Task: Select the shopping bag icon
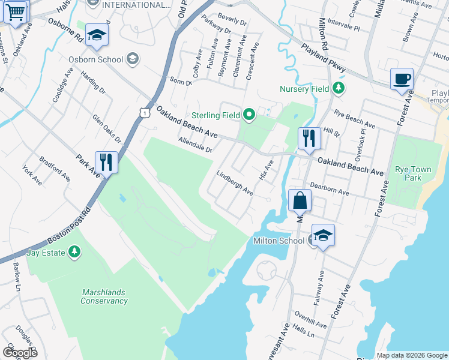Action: pyautogui.click(x=300, y=200)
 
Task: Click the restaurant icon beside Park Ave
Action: pyautogui.click(x=106, y=162)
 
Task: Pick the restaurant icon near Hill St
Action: pyautogui.click(x=309, y=138)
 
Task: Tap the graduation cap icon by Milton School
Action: pyautogui.click(x=323, y=236)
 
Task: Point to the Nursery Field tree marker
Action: pyautogui.click(x=339, y=89)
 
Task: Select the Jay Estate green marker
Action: pyautogui.click(x=74, y=251)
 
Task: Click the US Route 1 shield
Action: pyautogui.click(x=143, y=112)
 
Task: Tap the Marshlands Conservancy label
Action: pyautogui.click(x=104, y=296)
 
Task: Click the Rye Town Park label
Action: pyautogui.click(x=413, y=174)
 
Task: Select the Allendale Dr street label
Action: pyautogui.click(x=195, y=146)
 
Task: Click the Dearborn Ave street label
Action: pyautogui.click(x=329, y=189)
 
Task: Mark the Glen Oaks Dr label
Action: pyautogui.click(x=106, y=129)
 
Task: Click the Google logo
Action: pyautogui.click(x=20, y=352)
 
